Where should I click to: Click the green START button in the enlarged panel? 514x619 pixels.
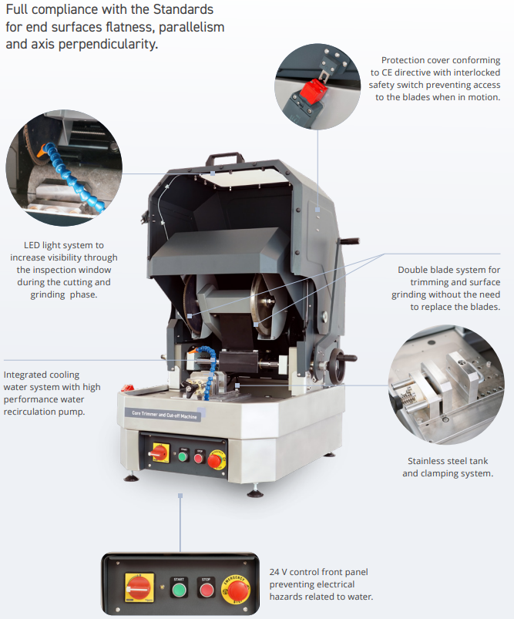click(x=179, y=590)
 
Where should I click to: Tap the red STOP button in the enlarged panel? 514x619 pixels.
click(x=206, y=590)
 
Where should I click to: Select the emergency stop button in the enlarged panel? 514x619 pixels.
click(x=235, y=590)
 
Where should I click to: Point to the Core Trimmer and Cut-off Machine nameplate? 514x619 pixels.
click(x=164, y=415)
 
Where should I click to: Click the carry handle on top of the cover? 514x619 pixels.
click(x=223, y=158)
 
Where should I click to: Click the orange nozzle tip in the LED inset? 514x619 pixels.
click(x=41, y=151)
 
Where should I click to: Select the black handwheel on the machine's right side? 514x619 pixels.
click(x=339, y=365)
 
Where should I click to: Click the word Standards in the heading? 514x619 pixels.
click(x=183, y=9)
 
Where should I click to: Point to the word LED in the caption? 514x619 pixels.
click(x=32, y=245)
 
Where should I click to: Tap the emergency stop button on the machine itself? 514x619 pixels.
click(x=216, y=460)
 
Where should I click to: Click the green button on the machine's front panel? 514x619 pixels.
click(x=183, y=457)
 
